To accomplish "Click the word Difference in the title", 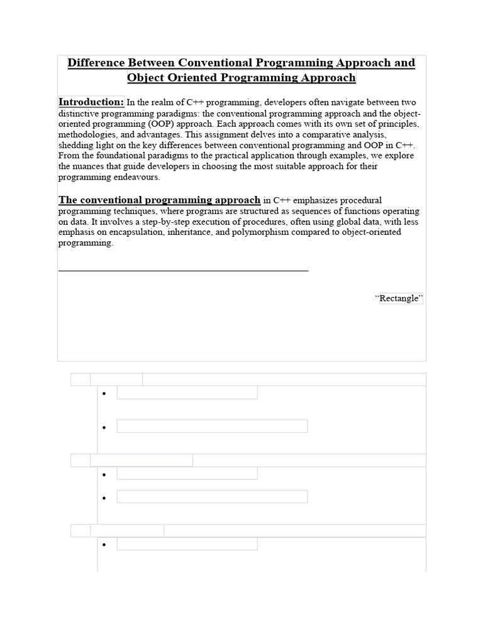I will (96, 63).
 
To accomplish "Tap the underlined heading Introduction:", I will (91, 102).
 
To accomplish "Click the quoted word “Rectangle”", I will (399, 298).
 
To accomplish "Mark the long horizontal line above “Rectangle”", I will (183, 271).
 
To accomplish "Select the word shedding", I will (76, 146).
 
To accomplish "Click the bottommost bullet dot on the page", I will (103, 544).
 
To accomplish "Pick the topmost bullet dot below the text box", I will (103, 393).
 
